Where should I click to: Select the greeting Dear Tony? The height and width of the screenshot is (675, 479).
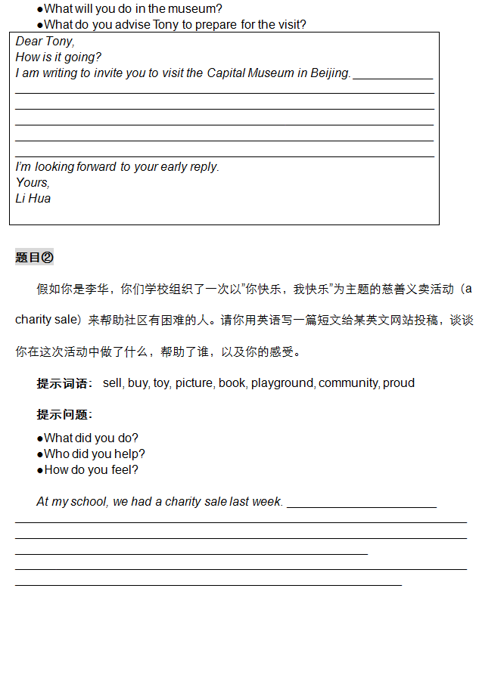click(x=45, y=42)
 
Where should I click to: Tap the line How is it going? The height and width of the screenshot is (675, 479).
click(x=58, y=57)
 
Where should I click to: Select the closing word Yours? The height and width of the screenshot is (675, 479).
click(x=33, y=183)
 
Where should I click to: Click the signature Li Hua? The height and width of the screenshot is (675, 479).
click(x=33, y=199)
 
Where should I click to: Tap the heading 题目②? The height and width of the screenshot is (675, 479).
click(x=35, y=258)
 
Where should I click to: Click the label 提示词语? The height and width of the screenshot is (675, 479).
click(x=64, y=383)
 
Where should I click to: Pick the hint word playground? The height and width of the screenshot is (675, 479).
click(x=283, y=383)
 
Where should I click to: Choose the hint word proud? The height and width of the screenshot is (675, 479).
click(x=399, y=383)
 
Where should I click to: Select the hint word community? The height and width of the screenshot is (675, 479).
click(x=349, y=383)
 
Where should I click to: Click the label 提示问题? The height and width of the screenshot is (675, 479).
click(x=64, y=415)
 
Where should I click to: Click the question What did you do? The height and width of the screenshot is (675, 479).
click(x=91, y=438)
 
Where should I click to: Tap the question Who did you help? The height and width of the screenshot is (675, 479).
click(x=95, y=454)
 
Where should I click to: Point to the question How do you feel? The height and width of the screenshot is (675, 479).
click(x=91, y=470)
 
